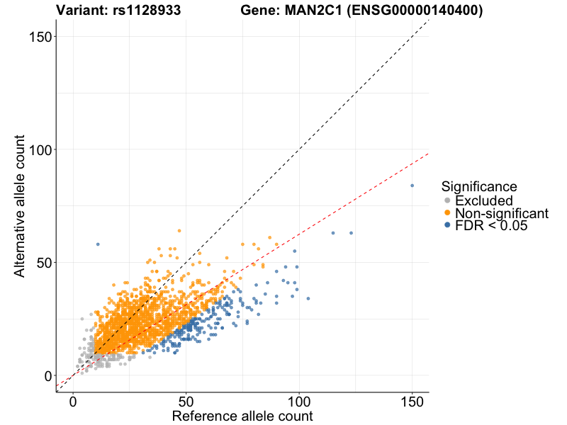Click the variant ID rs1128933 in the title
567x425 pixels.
pos(146,11)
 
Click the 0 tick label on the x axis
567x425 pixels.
pos(73,402)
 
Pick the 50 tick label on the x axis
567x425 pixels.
pos(186,402)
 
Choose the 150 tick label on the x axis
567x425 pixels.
pos(412,402)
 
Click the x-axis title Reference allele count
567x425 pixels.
pos(242,416)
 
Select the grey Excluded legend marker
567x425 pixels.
pos(447,201)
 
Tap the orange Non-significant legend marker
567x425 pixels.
pos(447,213)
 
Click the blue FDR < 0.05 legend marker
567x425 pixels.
pos(447,225)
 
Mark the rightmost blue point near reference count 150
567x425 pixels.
pos(412,186)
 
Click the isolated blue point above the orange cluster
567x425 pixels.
pos(98,244)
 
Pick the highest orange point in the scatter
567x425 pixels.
pos(179,230)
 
